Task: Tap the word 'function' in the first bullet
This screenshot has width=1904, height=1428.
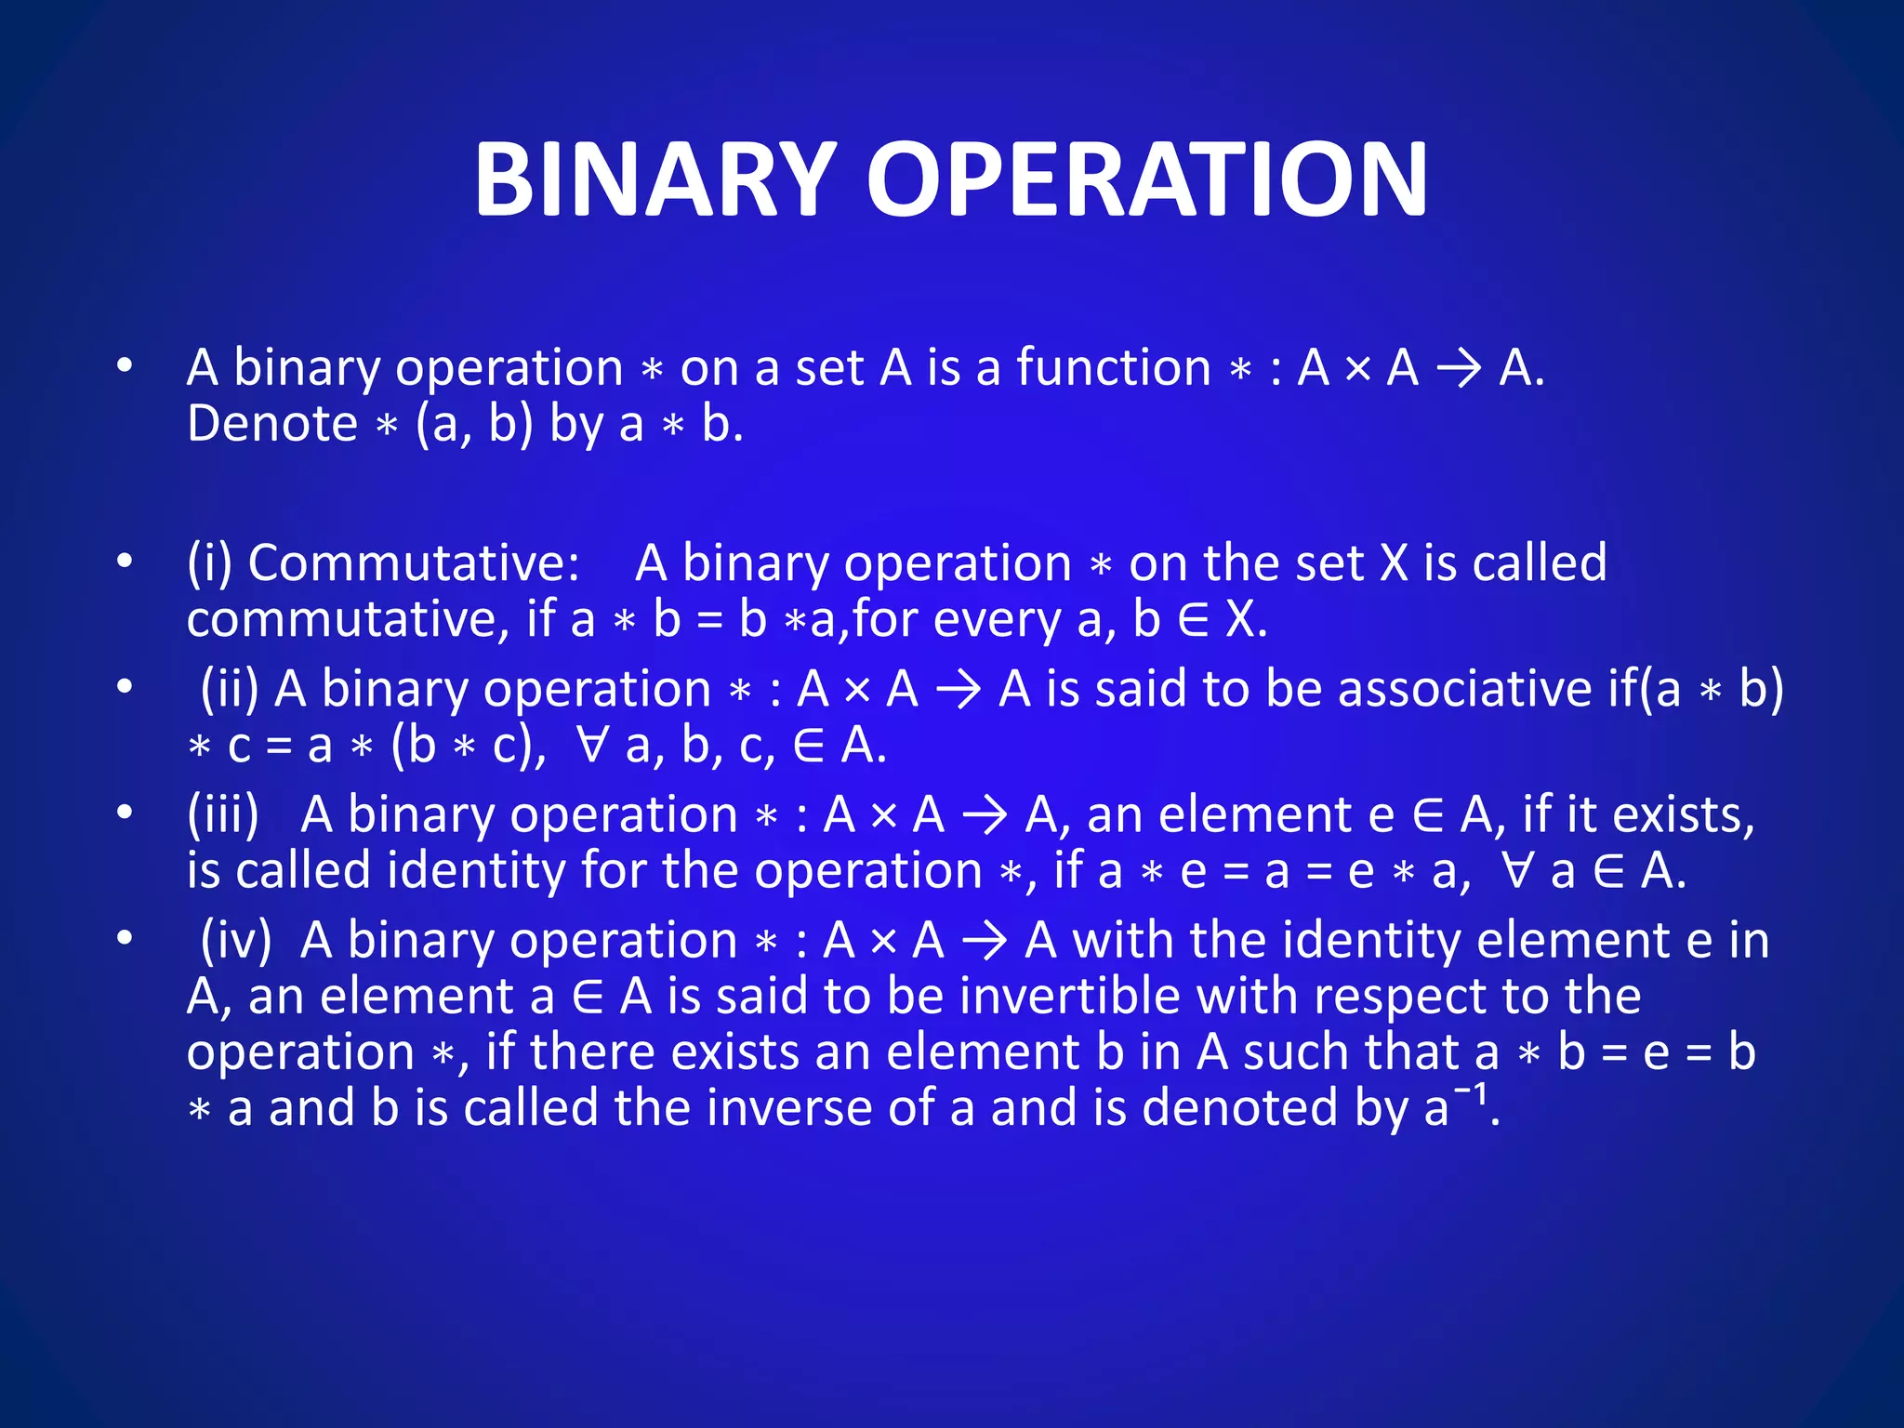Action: (1114, 367)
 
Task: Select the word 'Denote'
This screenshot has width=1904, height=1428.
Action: (271, 424)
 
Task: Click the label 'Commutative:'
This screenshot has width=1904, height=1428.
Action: (414, 563)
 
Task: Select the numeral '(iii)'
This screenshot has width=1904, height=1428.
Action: (223, 815)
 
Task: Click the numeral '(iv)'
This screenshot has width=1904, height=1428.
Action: (236, 941)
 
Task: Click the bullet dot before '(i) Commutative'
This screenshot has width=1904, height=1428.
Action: (125, 562)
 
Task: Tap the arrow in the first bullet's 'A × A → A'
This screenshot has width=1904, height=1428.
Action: (1459, 369)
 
